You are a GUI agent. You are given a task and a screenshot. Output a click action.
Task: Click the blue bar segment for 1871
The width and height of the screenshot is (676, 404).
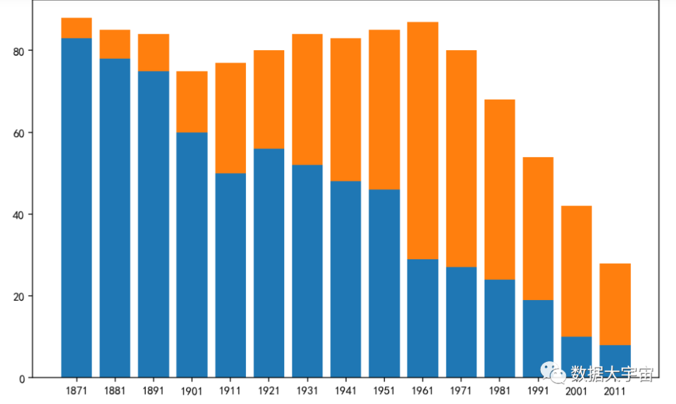(x=76, y=207)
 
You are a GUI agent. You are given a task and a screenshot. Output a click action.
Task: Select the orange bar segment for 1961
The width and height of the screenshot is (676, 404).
(x=422, y=140)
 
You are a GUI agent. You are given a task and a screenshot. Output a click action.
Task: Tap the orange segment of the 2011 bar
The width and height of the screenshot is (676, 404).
(x=615, y=304)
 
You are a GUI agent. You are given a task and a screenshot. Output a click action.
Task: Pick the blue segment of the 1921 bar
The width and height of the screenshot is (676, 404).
(x=269, y=263)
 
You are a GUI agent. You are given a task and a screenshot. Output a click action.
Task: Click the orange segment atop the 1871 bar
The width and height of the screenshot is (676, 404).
(x=76, y=28)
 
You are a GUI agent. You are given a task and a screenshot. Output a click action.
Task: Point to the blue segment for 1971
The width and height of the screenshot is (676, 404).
(x=461, y=322)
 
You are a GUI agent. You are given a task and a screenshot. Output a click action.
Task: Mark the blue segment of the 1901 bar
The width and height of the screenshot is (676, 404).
(x=192, y=254)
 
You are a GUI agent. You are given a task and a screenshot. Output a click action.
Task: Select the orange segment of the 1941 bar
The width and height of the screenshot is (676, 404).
(x=346, y=110)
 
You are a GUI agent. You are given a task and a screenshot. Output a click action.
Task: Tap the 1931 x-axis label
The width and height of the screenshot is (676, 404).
(x=307, y=391)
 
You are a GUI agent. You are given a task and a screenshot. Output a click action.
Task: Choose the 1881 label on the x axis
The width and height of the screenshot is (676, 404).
(x=115, y=391)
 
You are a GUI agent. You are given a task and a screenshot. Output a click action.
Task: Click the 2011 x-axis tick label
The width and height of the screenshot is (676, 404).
(x=615, y=391)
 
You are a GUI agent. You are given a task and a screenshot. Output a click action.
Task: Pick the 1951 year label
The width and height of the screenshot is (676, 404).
(x=384, y=391)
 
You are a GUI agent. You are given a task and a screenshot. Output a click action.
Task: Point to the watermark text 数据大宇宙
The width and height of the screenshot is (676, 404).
(x=612, y=374)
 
